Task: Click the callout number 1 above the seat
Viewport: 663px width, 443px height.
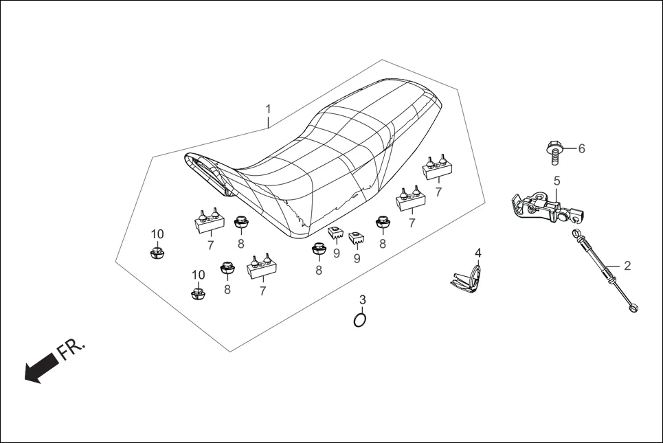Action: point(269,109)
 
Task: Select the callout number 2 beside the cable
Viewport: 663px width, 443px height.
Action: point(626,264)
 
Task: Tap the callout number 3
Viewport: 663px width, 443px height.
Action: point(362,300)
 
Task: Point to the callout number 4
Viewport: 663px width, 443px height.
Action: point(477,253)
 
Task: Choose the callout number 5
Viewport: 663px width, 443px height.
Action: point(557,181)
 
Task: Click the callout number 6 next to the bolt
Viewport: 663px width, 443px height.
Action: point(581,148)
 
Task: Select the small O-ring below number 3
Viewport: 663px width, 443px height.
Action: point(359,320)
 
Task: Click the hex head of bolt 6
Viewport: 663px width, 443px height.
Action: point(554,147)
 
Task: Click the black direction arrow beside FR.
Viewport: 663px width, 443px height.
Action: point(40,365)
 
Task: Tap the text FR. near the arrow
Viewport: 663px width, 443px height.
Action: point(71,349)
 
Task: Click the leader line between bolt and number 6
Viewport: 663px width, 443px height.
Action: point(569,148)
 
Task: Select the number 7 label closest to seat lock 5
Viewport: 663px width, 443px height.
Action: point(438,192)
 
